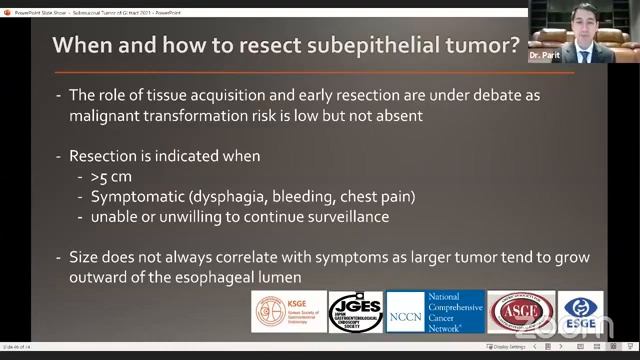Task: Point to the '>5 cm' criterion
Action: pos(109,177)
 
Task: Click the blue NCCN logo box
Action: pos(406,312)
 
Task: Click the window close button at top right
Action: pos(630,4)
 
